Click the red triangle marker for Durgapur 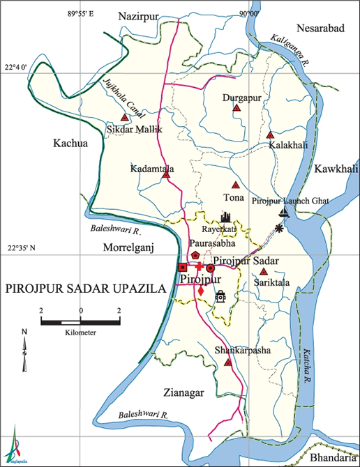click(x=237, y=109)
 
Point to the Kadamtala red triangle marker click(x=166, y=175)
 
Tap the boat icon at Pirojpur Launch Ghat click(x=283, y=213)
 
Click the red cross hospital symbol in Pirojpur click(x=198, y=268)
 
